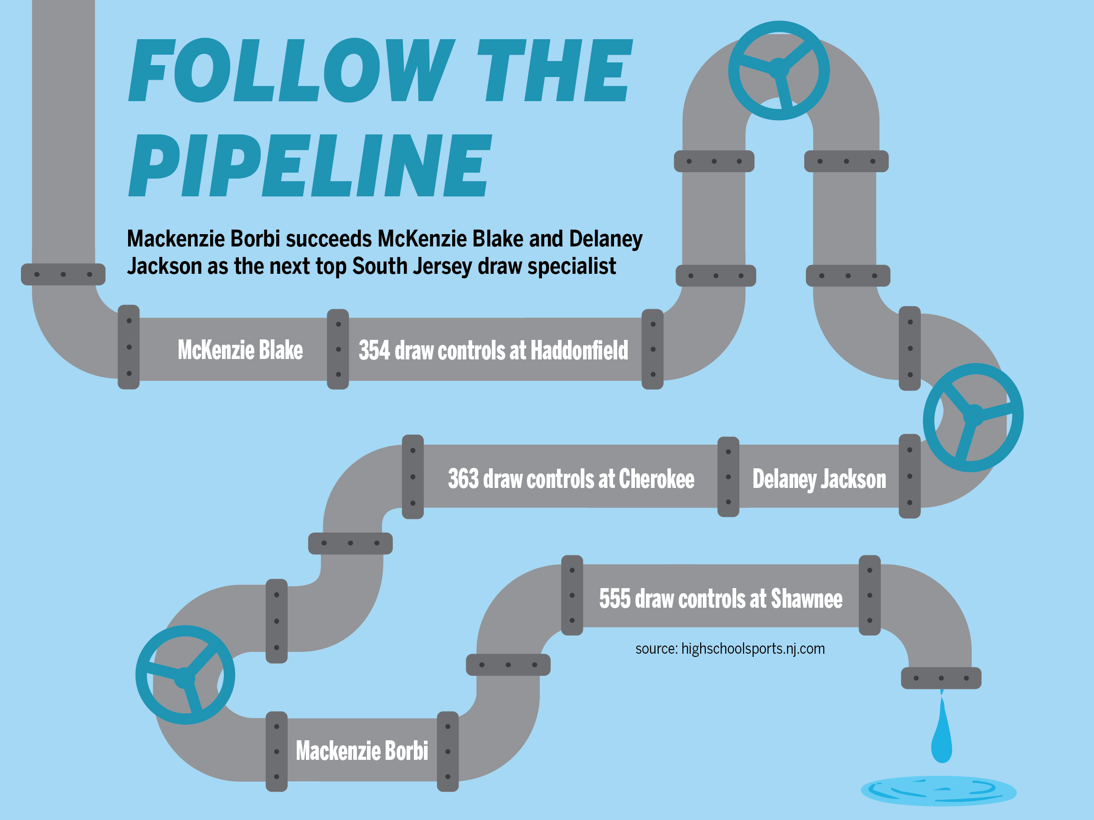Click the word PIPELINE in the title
(310, 165)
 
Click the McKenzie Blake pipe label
(240, 350)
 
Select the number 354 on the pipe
(374, 350)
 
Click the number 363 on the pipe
(464, 478)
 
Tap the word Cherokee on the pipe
(656, 478)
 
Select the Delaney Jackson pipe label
(819, 478)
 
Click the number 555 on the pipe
(615, 598)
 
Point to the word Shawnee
(806, 598)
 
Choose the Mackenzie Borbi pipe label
(361, 750)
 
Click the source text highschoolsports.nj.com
(753, 649)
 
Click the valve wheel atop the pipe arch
(779, 70)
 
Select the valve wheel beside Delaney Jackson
(973, 418)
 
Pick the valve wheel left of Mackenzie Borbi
(185, 675)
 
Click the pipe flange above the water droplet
(941, 678)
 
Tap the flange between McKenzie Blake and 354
(338, 349)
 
